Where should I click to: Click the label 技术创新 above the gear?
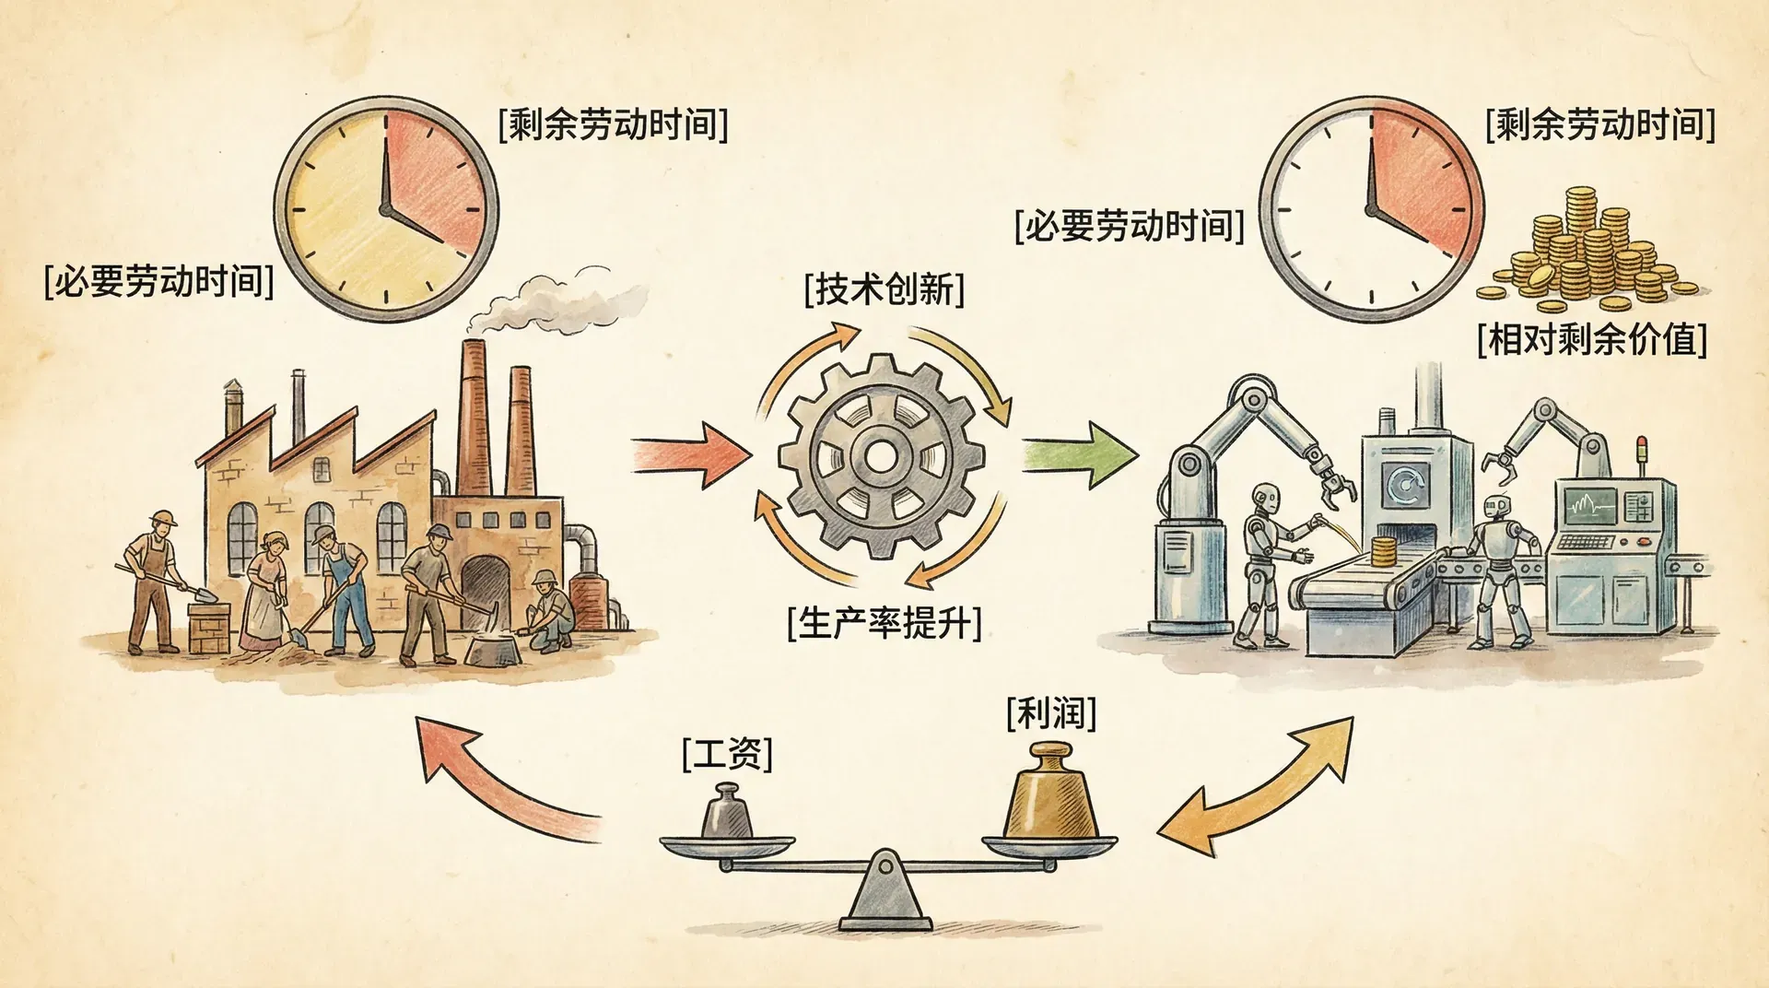(x=884, y=289)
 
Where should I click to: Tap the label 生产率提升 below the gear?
(x=884, y=623)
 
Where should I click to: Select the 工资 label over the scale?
(x=727, y=754)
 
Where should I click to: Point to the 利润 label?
(x=1051, y=713)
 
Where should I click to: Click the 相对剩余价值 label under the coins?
(x=1591, y=339)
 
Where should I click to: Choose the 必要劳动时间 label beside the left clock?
(x=158, y=280)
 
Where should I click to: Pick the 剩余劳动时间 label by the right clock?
(x=1599, y=123)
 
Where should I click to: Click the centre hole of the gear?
(x=881, y=455)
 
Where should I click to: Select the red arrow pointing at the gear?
(x=690, y=453)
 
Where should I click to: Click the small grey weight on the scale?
(x=726, y=813)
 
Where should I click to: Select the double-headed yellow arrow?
(x=1255, y=786)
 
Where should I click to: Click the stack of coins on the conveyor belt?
(x=1381, y=551)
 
